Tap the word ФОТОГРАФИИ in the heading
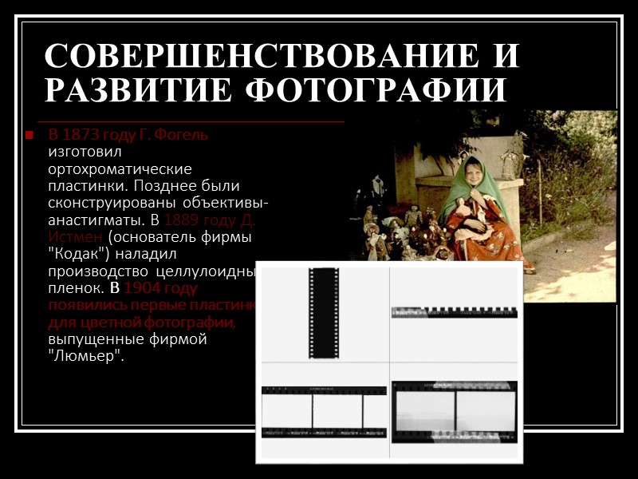[x=374, y=90]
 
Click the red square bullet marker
[x=29, y=135]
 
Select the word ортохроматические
[x=120, y=169]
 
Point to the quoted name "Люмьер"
[x=87, y=355]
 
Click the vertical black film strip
[x=324, y=313]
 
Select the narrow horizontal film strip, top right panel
[x=454, y=312]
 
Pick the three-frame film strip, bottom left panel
[x=323, y=411]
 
